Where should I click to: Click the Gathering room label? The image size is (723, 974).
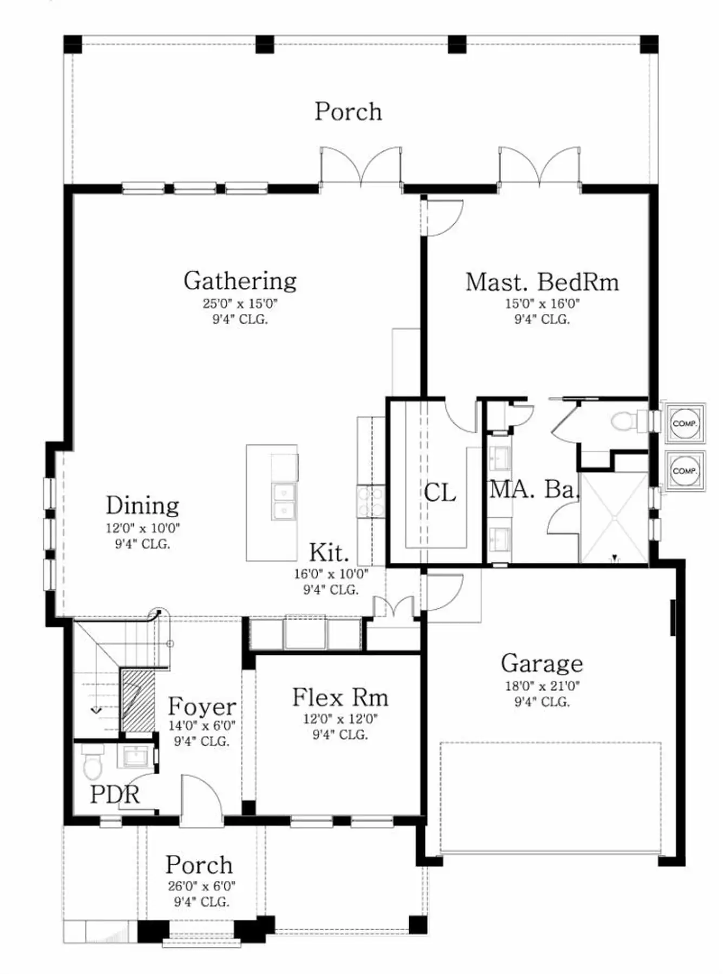(240, 281)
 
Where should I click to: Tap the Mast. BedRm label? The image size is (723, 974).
(542, 282)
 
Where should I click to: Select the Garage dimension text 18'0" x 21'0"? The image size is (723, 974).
(542, 686)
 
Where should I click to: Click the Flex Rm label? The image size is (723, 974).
(340, 697)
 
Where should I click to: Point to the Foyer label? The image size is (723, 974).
(202, 707)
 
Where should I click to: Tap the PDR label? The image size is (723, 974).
(115, 795)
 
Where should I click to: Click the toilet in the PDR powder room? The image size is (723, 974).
(93, 761)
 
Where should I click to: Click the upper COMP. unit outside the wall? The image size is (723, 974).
(685, 424)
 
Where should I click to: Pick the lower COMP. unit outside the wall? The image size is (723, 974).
(685, 471)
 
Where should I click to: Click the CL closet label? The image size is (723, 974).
(439, 493)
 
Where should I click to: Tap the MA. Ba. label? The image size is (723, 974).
(535, 490)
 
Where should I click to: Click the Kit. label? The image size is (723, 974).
(329, 553)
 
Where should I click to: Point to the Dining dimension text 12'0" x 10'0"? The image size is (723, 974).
(143, 528)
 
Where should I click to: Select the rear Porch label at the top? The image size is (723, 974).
(349, 111)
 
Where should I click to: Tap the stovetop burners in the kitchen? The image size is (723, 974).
(371, 502)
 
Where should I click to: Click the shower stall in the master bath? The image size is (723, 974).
(614, 518)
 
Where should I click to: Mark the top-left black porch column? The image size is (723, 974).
(73, 44)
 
